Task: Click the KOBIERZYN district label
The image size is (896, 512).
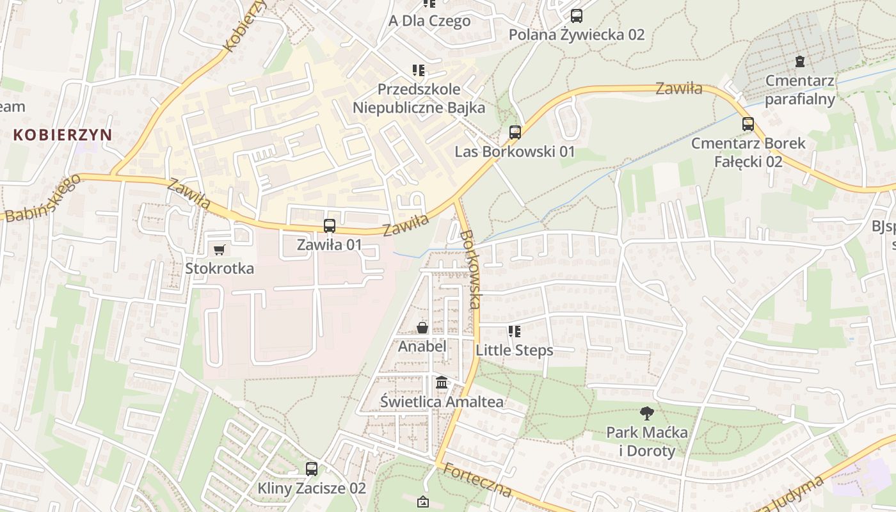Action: (63, 135)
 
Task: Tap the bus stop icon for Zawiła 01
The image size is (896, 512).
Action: (330, 226)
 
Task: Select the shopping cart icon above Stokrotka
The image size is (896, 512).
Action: (220, 250)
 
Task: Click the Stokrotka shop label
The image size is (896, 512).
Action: (220, 268)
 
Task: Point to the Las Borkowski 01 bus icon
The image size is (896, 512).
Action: (515, 132)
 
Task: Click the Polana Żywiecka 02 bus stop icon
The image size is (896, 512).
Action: (577, 16)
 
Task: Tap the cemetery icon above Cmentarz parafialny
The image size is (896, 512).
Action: (799, 62)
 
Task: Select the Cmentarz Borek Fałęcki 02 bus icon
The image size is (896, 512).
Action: (748, 124)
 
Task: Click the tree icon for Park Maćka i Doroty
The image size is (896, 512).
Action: (647, 413)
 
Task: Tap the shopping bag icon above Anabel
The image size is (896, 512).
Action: (422, 328)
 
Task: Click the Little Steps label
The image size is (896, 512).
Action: (515, 350)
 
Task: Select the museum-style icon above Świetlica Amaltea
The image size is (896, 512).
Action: (442, 383)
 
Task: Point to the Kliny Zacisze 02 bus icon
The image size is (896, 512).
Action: (312, 469)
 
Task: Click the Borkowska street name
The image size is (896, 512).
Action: (470, 269)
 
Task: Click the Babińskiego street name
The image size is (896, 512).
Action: (42, 198)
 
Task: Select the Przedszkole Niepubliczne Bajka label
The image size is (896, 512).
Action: (419, 99)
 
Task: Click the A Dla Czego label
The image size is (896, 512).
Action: (429, 20)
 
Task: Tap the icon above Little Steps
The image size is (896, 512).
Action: (515, 332)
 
